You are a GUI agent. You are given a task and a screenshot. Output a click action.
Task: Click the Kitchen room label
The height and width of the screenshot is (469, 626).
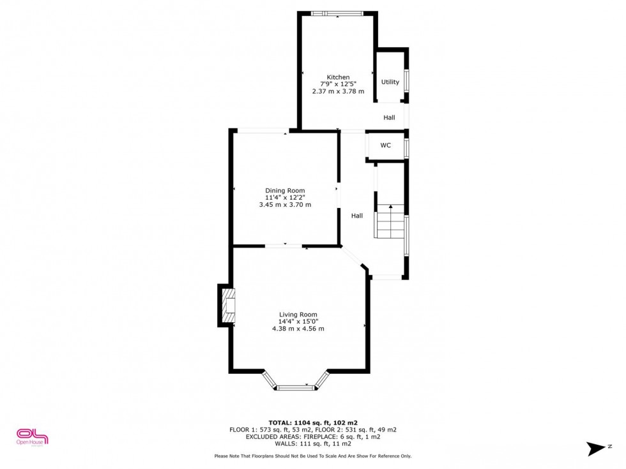pyautogui.click(x=338, y=77)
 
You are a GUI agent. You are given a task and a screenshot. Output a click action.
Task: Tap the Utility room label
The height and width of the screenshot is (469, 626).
pyautogui.click(x=390, y=82)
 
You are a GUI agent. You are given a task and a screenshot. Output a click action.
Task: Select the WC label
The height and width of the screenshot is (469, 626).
pyautogui.click(x=386, y=145)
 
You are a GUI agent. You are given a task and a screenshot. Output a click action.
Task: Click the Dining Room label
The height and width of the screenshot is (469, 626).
pyautogui.click(x=285, y=190)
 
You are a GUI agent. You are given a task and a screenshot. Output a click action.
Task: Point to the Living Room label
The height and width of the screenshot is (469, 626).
pyautogui.click(x=298, y=314)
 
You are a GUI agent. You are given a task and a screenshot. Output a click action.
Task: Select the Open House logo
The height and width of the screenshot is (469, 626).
pyautogui.click(x=32, y=436)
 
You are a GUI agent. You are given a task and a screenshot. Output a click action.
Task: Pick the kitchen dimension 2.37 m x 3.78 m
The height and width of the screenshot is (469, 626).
pyautogui.click(x=338, y=91)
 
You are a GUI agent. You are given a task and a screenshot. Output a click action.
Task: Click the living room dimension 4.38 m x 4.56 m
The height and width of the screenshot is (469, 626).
pyautogui.click(x=298, y=329)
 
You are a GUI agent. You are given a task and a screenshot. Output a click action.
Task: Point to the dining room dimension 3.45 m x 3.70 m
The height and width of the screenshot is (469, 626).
pyautogui.click(x=285, y=205)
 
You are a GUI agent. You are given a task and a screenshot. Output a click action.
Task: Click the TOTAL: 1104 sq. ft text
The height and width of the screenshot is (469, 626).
pyautogui.click(x=312, y=422)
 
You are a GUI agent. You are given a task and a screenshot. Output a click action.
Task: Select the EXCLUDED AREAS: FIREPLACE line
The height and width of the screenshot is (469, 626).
pyautogui.click(x=312, y=436)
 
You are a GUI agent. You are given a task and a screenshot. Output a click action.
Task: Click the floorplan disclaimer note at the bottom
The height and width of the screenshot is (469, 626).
pyautogui.click(x=312, y=456)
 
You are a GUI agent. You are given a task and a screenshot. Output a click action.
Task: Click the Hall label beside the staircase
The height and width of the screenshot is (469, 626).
pyautogui.click(x=357, y=216)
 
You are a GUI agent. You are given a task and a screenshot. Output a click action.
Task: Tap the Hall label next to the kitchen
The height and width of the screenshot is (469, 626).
pyautogui.click(x=389, y=117)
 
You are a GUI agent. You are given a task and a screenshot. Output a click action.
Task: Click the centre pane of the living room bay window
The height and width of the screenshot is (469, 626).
pyautogui.click(x=296, y=387)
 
